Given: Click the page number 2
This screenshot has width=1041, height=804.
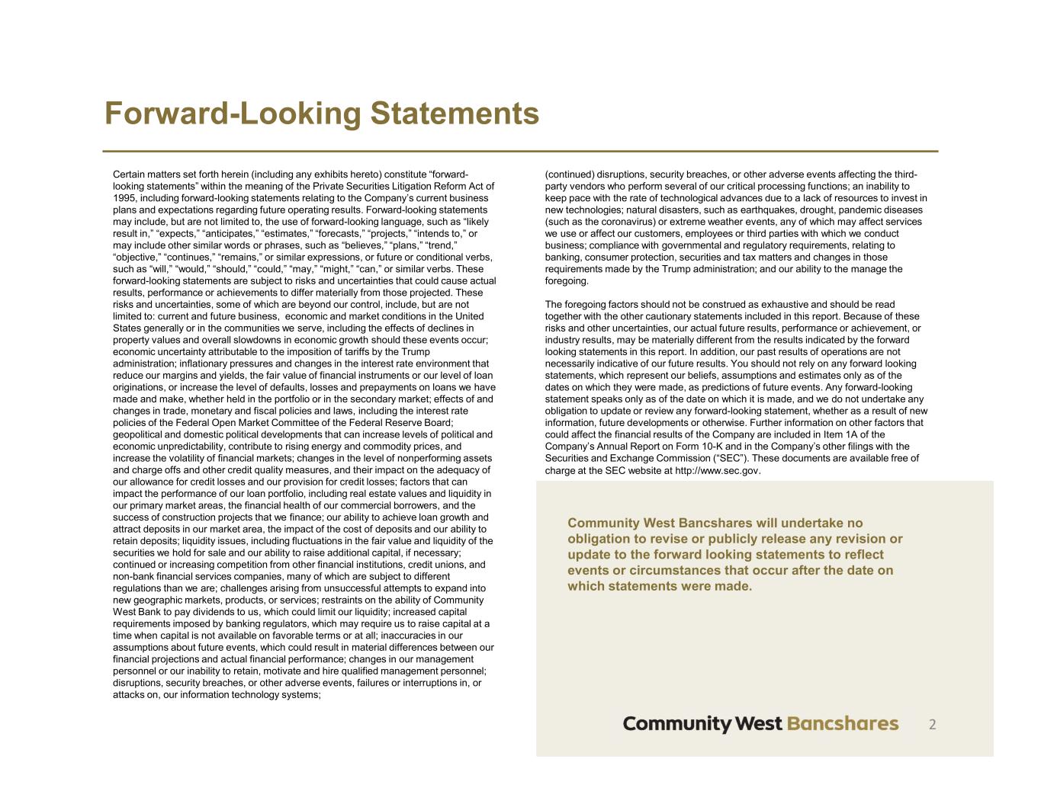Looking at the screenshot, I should pos(932,724).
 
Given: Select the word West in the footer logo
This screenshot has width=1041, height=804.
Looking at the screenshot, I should pos(759,723).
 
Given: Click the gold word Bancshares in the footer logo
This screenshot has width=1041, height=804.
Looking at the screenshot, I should pos(842,723).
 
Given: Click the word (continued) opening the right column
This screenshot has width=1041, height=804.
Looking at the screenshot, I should pos(569,175).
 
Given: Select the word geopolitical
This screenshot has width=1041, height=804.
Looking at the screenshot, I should pos(139,434).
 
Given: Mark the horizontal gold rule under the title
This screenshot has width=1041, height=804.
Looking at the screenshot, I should pos(520,151).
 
